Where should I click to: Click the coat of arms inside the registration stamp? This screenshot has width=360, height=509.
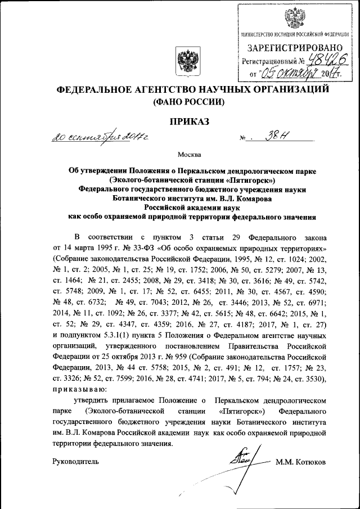pos(291,17)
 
